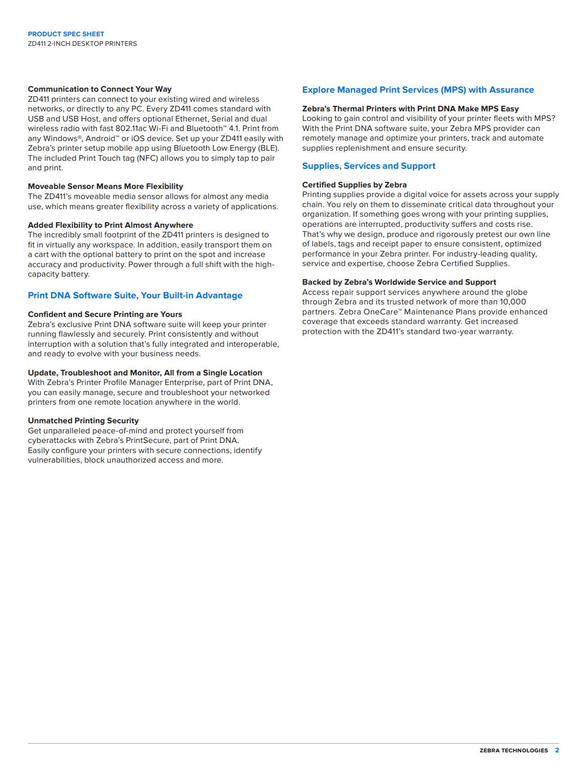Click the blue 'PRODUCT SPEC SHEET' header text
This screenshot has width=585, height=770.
[x=66, y=34]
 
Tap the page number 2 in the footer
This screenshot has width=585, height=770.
[x=557, y=750]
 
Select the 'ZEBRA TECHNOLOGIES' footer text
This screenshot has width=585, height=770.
[x=514, y=750]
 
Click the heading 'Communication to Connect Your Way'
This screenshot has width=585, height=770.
[x=100, y=89]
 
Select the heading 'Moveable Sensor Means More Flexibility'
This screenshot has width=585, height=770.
[x=105, y=186]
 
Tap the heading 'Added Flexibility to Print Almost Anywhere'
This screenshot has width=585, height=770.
[x=110, y=225]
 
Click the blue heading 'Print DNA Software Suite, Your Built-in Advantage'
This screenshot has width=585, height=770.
[x=135, y=295]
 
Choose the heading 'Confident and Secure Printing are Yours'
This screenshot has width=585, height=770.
[x=105, y=314]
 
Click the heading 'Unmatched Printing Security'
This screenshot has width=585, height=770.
[x=83, y=421]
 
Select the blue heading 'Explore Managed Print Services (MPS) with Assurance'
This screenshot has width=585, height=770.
[x=418, y=90]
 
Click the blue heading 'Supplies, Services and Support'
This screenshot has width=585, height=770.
[x=369, y=166]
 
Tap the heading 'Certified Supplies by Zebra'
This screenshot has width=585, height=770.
[x=354, y=185]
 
